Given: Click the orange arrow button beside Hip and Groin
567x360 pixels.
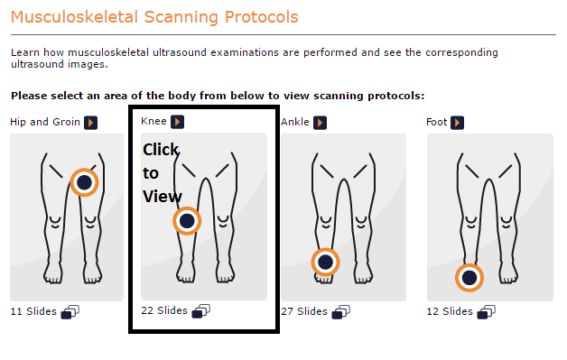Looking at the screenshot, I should click(91, 122).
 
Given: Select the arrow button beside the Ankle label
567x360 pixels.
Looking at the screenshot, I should click(320, 122).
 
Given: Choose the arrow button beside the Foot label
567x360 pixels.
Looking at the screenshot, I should click(458, 122).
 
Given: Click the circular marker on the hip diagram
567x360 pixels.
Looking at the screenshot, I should click(84, 182).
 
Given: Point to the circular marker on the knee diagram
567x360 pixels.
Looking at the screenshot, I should click(187, 220).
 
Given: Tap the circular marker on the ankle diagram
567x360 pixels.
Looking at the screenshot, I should click(325, 263).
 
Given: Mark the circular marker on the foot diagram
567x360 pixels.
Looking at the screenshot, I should click(469, 277).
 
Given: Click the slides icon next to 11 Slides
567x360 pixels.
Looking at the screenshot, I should click(70, 312).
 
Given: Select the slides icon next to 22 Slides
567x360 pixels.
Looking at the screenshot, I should click(201, 310).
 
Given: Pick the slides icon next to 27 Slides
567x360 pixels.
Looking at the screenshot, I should click(341, 312).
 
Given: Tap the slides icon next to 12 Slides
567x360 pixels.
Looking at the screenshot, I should click(486, 312).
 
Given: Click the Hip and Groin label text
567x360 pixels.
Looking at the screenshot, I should click(45, 122).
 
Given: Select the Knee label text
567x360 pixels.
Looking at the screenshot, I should click(154, 121).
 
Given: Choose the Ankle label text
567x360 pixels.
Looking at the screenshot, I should click(295, 122).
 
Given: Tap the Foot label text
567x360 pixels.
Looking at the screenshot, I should click(437, 122).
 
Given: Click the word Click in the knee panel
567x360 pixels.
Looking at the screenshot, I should click(162, 149).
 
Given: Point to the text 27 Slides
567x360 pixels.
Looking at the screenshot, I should click(304, 311).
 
